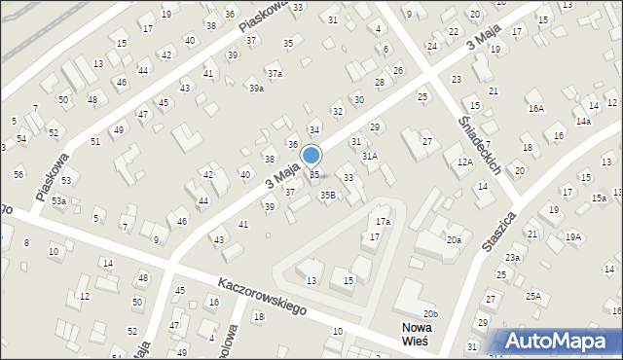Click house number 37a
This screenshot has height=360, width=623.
coord(275,74)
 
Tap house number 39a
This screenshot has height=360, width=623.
coord(256,89)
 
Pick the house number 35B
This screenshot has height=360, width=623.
coord(328,196)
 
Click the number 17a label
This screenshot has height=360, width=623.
coord(384,222)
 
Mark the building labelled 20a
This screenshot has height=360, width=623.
coord(454,240)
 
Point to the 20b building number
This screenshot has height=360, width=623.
coord(431,313)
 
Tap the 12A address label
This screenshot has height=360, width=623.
coord(464,162)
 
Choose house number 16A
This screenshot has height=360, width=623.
coord(535,109)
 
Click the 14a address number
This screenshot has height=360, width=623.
coord(582,122)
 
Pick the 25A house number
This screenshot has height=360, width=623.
coord(533,296)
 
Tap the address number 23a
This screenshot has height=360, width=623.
coord(512,258)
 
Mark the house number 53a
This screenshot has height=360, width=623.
coord(59,201)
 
